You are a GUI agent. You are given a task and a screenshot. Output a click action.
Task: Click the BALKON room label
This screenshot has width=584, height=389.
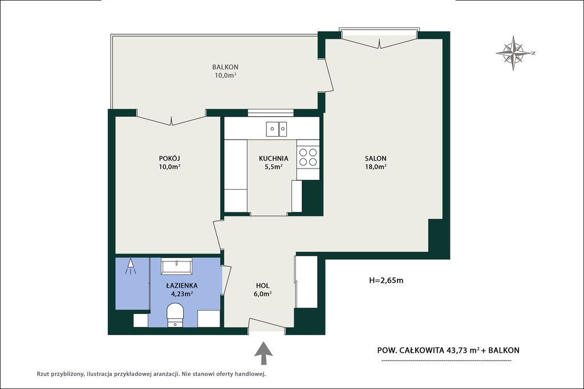click(x=225, y=67)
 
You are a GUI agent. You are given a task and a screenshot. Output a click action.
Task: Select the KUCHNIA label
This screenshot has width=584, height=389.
click(x=273, y=158)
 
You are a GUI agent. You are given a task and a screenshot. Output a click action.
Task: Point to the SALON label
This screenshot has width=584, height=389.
click(x=375, y=158)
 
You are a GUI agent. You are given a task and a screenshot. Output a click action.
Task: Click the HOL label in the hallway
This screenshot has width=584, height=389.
click(x=262, y=285)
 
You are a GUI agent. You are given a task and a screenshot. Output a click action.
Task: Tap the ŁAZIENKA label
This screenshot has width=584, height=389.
click(x=182, y=285)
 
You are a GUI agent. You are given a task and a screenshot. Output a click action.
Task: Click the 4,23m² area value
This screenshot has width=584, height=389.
click(x=182, y=294)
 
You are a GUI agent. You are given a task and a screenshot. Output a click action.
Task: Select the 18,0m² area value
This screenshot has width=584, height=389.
click(x=375, y=167)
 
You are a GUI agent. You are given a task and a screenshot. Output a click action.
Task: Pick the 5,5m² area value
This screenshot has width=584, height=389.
click(x=273, y=167)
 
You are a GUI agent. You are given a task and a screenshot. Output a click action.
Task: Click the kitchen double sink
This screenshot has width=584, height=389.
click(x=277, y=129)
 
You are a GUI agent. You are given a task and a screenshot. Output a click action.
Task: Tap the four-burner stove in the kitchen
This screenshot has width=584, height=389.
click(x=308, y=157)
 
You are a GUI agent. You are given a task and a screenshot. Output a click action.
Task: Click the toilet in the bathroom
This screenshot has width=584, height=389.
click(x=175, y=316)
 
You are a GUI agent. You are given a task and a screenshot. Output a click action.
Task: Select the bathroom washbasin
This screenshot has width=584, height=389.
click(x=177, y=267)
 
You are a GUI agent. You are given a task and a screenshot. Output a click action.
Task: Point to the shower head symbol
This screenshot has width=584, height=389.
click(x=131, y=266)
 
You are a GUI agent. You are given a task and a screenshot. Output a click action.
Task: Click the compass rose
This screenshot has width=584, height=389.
click(x=514, y=53)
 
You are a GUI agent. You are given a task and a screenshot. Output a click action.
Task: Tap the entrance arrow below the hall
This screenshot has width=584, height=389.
click(x=263, y=353)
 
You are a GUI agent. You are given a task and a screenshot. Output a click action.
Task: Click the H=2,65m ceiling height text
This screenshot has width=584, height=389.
click(x=386, y=280)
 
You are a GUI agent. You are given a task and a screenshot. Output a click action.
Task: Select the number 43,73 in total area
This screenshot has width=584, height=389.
click(x=457, y=350)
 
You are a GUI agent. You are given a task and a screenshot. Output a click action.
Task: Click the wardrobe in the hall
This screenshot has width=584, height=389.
click(x=306, y=282)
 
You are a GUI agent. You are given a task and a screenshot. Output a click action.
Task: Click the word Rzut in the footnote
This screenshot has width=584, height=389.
click(x=43, y=374)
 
